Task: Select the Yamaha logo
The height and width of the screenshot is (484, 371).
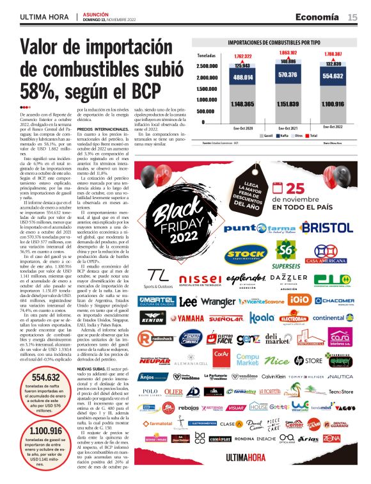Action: point(195,318)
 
